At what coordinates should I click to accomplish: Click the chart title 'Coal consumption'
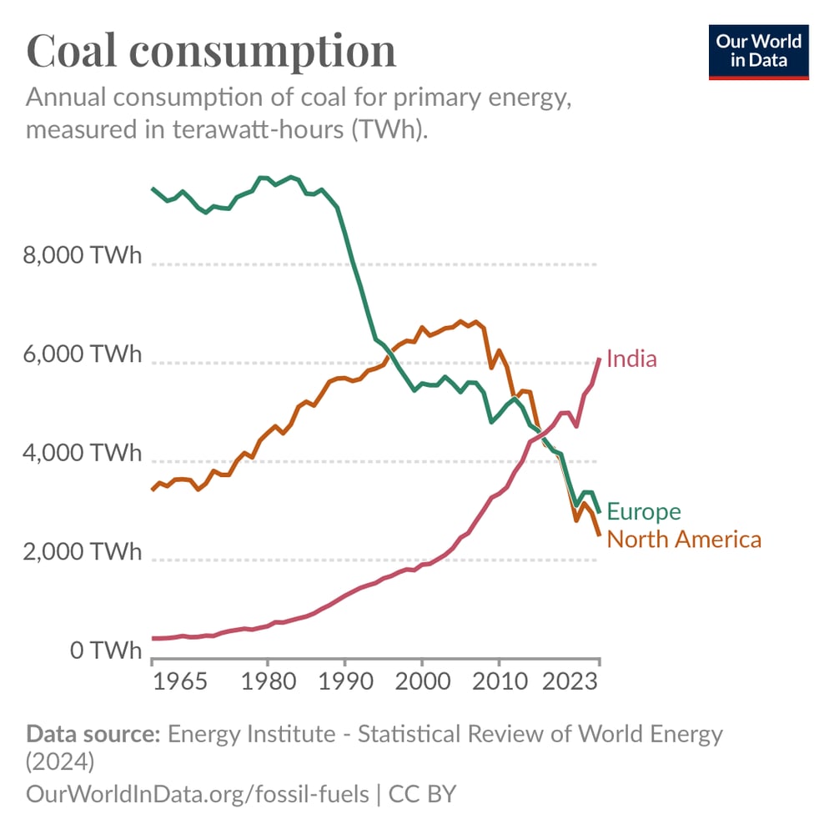point(211,51)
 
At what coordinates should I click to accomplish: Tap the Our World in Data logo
point(758,52)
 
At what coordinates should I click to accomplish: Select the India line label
point(631,359)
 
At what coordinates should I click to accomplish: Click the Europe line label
point(643,511)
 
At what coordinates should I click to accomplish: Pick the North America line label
point(684,540)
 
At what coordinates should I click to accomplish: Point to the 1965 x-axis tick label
point(181,680)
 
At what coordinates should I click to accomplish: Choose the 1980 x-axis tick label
point(267,680)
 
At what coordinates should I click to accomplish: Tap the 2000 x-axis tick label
point(422,680)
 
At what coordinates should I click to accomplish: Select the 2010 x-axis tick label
point(499,680)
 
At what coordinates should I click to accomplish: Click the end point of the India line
point(599,359)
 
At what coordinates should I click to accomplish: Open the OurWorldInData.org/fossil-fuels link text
point(198,793)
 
